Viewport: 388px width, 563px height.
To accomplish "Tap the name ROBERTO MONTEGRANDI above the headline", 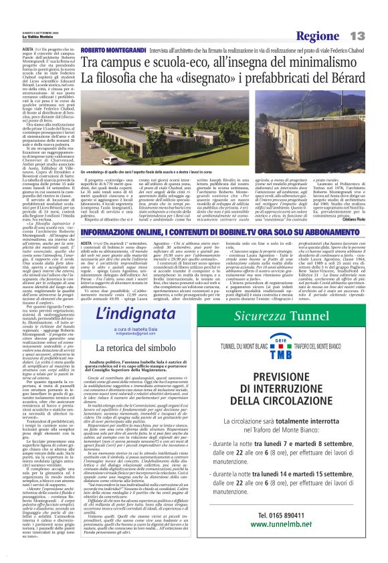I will pos(109,49).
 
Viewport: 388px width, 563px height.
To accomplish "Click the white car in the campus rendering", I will pos(111,160).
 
